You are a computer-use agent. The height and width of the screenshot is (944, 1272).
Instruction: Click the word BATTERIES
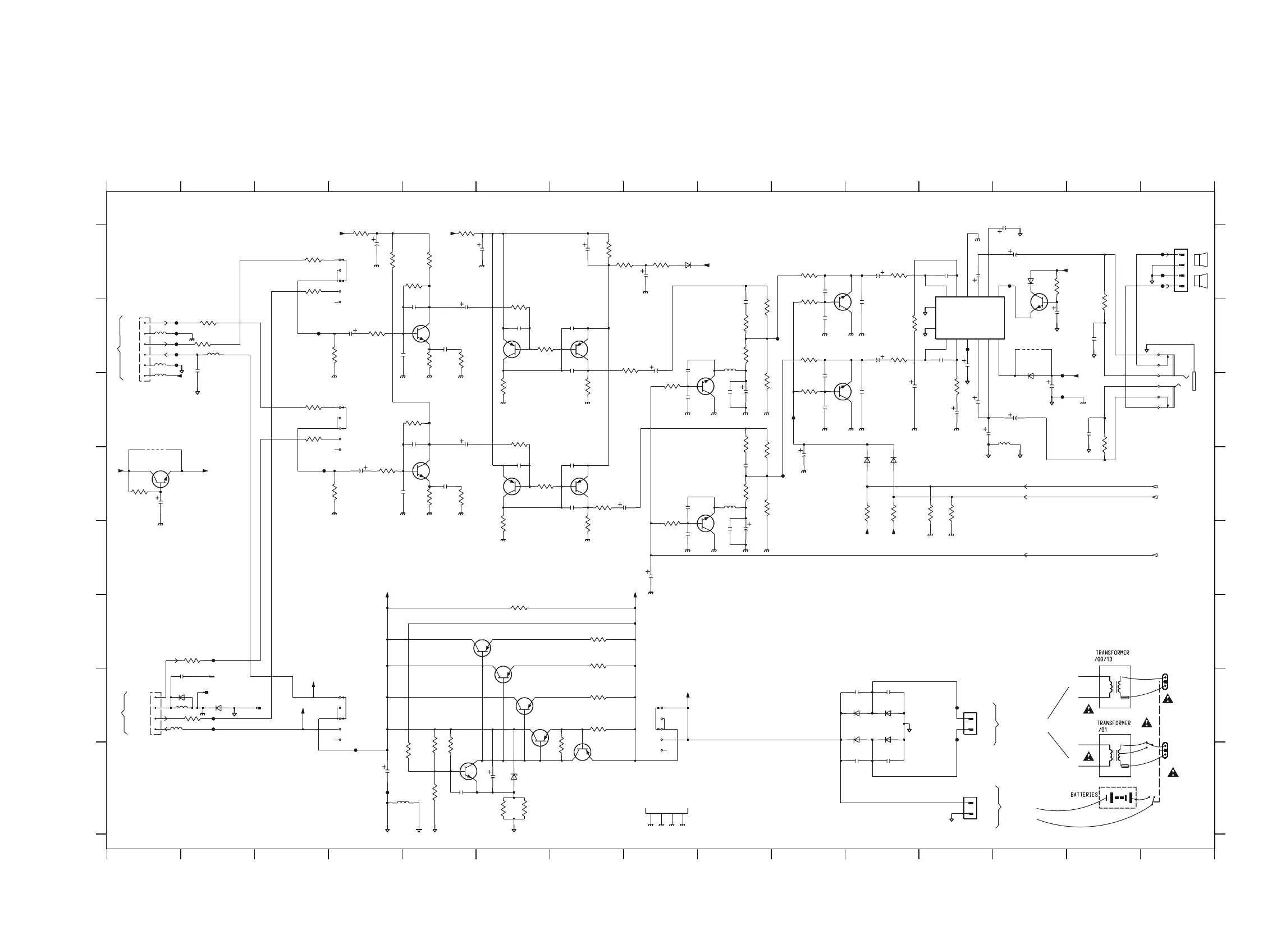click(1084, 794)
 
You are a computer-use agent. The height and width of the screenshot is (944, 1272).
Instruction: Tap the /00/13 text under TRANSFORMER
click(1104, 659)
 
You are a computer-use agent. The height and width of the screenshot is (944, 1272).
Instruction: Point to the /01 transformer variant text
click(1102, 730)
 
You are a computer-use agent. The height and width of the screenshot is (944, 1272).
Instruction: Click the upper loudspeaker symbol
click(1201, 259)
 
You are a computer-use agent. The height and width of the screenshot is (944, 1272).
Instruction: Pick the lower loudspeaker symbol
click(1201, 281)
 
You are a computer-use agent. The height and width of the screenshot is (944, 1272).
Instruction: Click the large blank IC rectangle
click(969, 318)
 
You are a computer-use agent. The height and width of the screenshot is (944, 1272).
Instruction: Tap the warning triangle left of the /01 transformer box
click(1088, 757)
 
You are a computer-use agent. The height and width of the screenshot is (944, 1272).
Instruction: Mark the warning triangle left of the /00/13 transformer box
click(1088, 709)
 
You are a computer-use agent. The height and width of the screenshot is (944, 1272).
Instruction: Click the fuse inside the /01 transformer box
click(1124, 766)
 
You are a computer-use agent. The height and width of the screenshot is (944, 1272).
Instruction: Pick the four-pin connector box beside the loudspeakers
click(1181, 271)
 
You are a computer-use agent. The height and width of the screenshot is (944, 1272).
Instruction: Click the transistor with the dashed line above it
click(161, 479)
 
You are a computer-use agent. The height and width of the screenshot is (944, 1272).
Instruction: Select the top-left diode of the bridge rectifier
click(856, 713)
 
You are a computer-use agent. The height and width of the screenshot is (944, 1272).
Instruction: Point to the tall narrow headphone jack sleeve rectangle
click(1194, 381)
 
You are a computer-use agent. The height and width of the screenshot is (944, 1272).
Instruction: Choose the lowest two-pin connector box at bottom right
click(969, 808)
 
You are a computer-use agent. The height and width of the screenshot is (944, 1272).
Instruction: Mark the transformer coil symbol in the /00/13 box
click(1115, 687)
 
